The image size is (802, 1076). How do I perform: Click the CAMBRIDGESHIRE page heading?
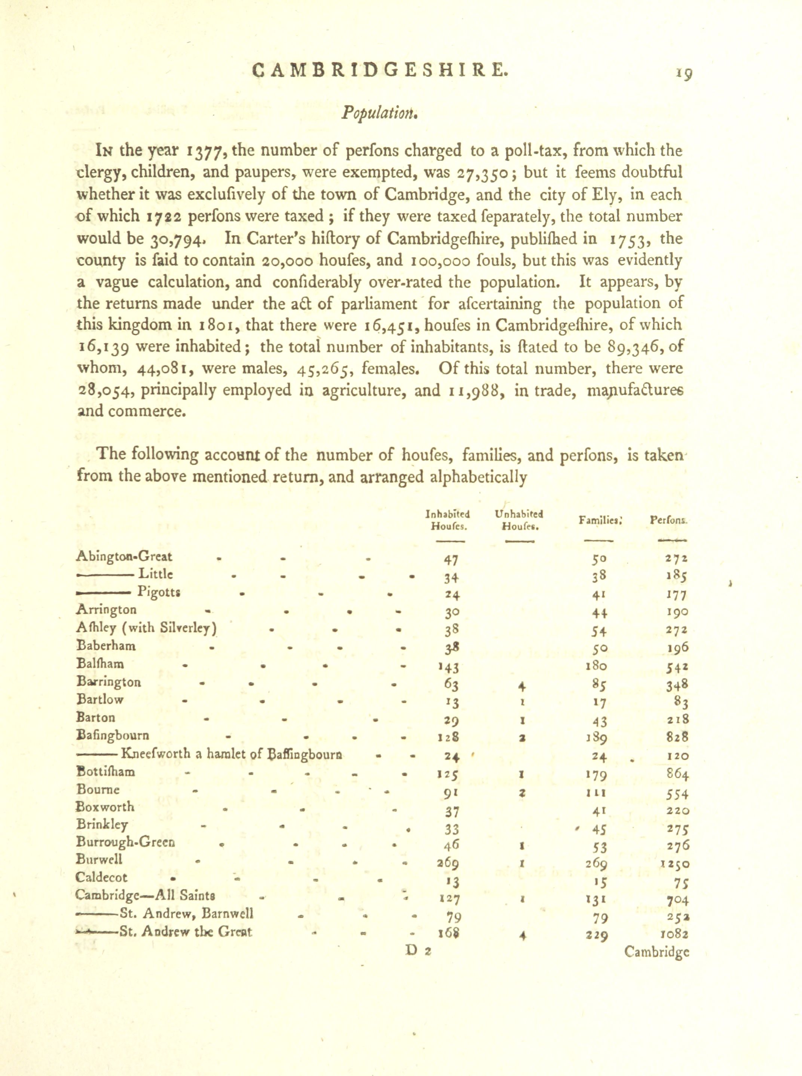point(381,71)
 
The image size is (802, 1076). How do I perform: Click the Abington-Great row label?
point(124,556)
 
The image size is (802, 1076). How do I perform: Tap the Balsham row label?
point(101,663)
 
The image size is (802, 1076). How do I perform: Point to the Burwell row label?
point(99,859)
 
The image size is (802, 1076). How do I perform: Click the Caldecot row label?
point(102,877)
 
